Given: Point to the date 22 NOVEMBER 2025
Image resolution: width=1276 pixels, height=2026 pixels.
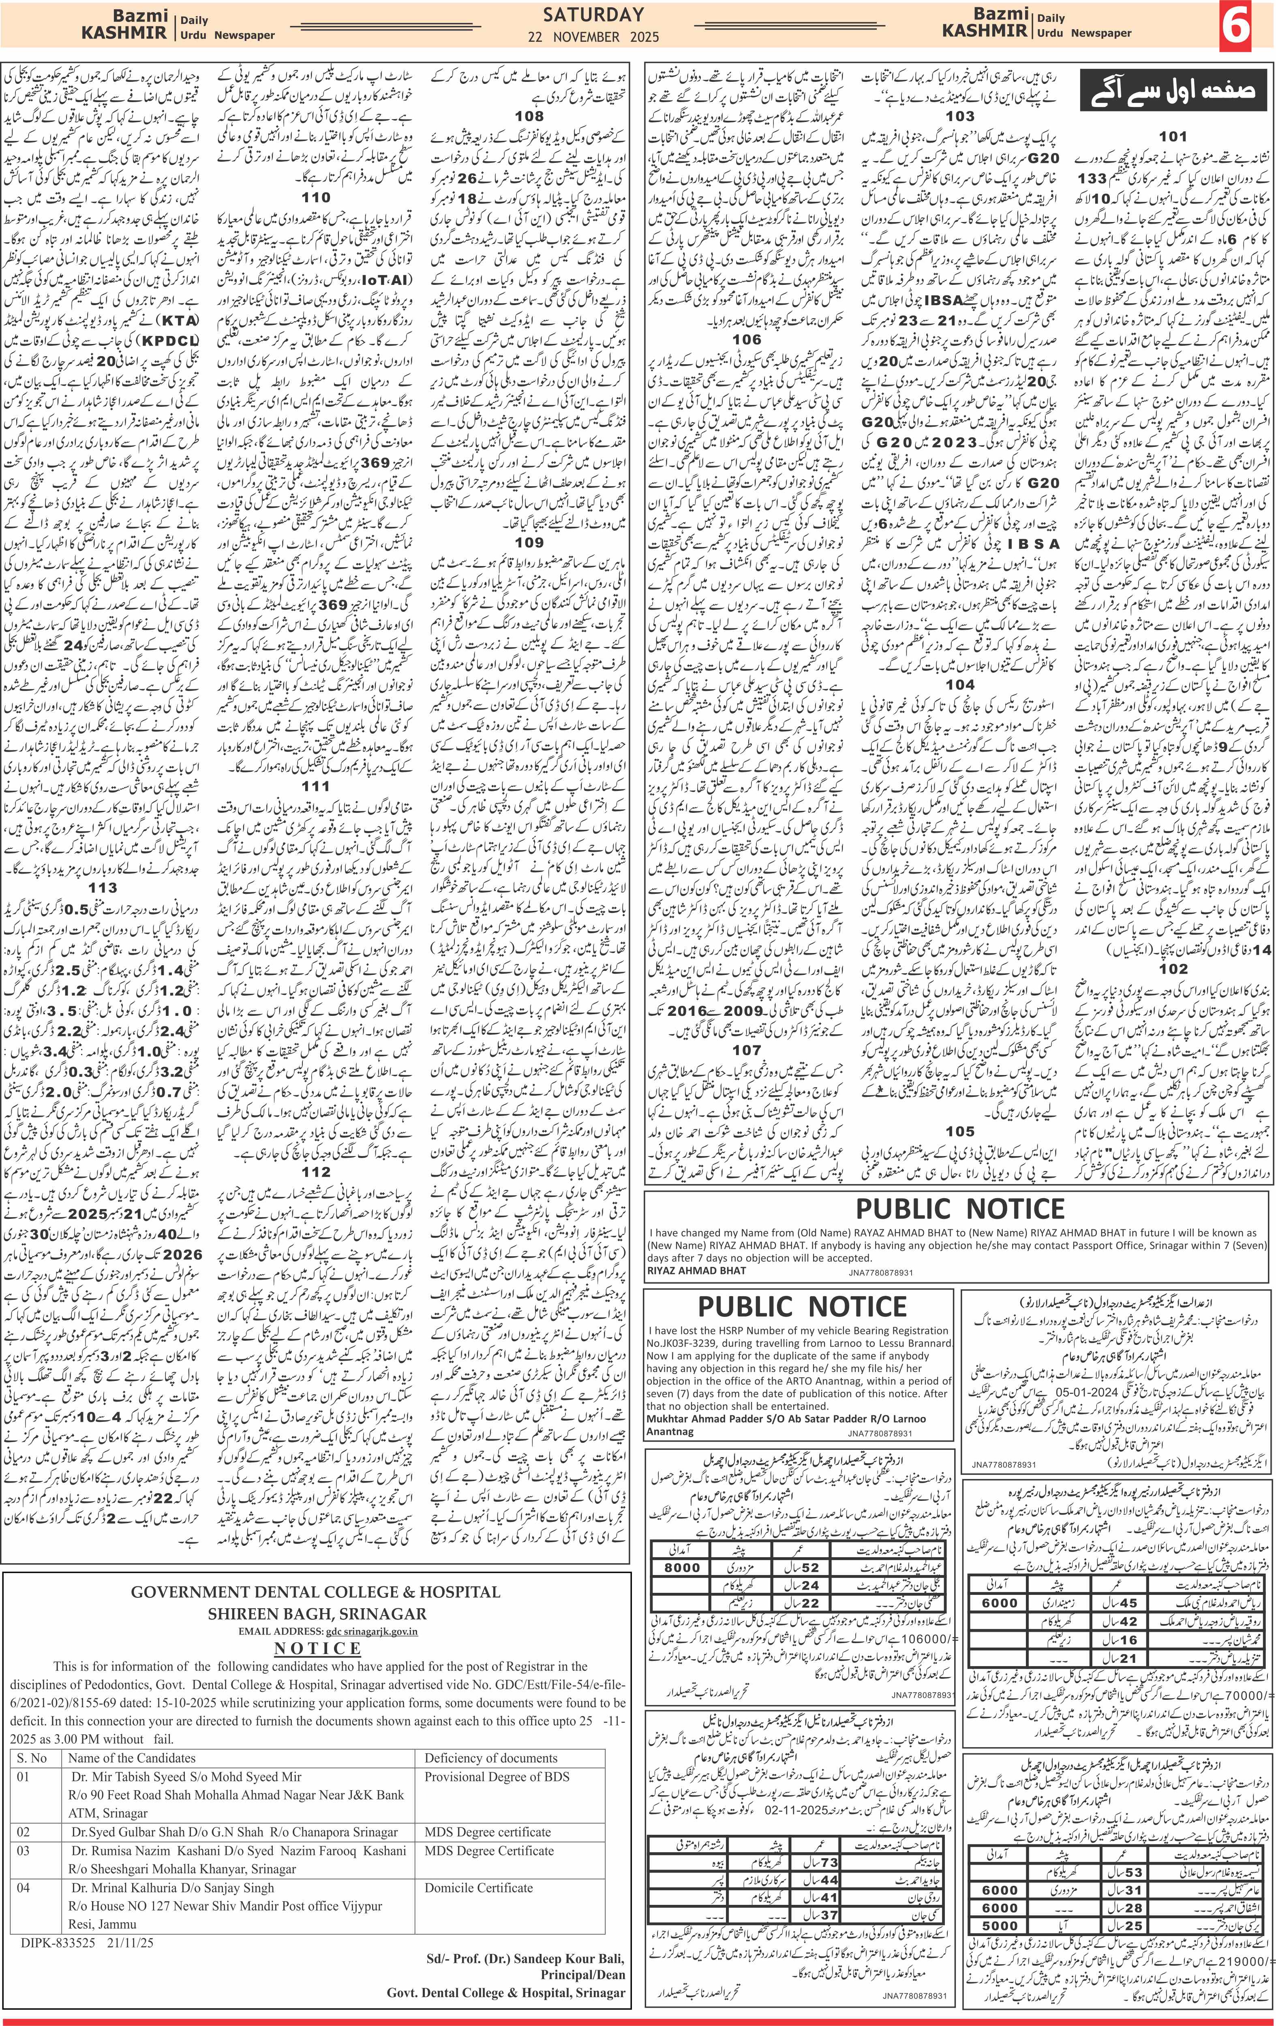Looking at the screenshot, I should click(593, 37).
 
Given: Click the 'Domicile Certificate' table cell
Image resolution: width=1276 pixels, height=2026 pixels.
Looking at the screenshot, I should click(479, 1858).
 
